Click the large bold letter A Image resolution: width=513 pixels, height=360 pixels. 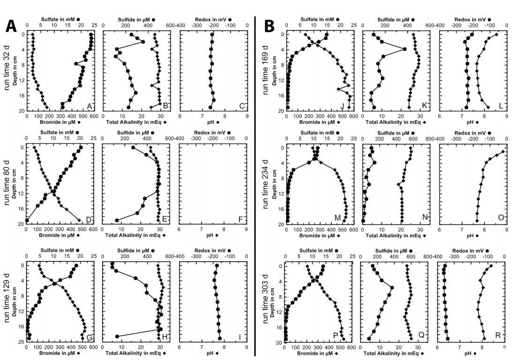pos(11,27)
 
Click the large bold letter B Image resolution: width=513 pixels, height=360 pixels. pos(269,27)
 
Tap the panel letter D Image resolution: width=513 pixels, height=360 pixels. pos(89,219)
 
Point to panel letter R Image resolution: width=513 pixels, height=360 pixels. pos(498,335)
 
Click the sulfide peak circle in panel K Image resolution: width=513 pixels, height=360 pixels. pos(405,49)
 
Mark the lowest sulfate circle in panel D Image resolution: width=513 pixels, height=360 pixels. pos(27,220)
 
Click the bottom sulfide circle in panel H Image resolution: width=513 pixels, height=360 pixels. pos(117,337)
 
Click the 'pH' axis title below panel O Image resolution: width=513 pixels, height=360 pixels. pos(473,236)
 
